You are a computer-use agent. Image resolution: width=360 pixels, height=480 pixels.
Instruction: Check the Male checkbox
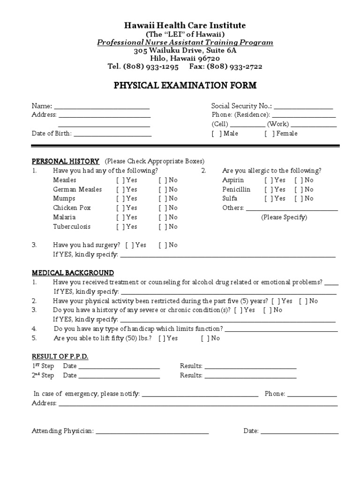pyautogui.click(x=217, y=134)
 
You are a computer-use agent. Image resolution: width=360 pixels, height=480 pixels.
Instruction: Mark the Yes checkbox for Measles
pyautogui.click(x=120, y=180)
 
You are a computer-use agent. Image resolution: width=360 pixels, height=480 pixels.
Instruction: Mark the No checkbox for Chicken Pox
pyautogui.click(x=162, y=208)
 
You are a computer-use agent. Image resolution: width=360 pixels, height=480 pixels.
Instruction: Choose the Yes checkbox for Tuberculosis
pyautogui.click(x=120, y=226)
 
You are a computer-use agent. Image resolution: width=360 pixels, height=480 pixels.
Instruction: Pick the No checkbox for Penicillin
pyautogui.click(x=298, y=189)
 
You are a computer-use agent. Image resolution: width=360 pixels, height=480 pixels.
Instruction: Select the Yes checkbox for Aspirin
pyautogui.click(x=268, y=180)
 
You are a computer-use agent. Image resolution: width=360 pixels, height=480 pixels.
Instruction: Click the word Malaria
pyautogui.click(x=64, y=217)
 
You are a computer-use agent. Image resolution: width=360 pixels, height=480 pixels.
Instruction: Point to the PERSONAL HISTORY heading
pyautogui.click(x=65, y=161)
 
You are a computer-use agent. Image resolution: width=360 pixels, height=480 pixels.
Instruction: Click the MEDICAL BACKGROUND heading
pyautogui.click(x=73, y=272)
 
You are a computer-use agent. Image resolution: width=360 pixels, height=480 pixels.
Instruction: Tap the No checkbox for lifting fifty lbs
pyautogui.click(x=204, y=338)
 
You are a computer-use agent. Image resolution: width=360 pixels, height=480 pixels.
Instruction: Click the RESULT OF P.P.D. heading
pyautogui.click(x=60, y=357)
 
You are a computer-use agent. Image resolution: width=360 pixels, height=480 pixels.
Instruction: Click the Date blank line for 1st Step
pyautogui.click(x=119, y=367)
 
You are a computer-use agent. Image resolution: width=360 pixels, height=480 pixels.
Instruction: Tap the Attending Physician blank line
pyautogui.click(x=152, y=433)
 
